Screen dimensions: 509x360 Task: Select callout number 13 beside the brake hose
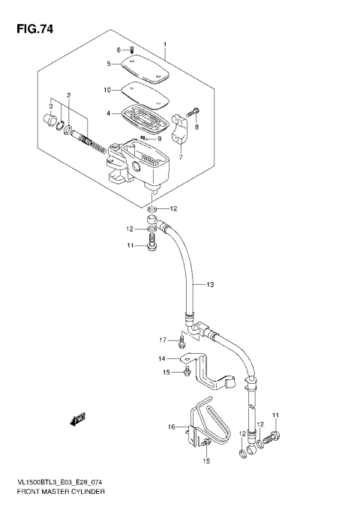click(x=211, y=284)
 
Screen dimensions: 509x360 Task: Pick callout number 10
click(x=108, y=90)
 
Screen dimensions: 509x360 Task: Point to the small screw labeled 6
click(x=132, y=49)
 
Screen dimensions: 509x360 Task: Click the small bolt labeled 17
click(x=181, y=344)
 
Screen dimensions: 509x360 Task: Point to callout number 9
click(x=159, y=139)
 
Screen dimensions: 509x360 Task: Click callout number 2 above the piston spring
click(x=68, y=95)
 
